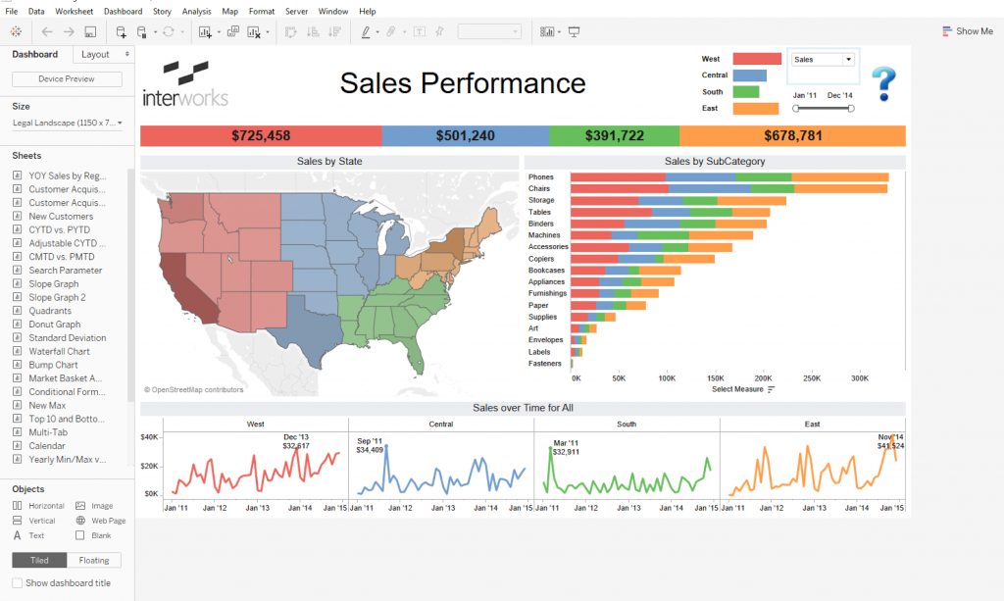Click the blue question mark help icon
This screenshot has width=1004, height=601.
(883, 83)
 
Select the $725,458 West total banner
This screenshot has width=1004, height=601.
(261, 135)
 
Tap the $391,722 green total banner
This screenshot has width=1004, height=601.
(614, 135)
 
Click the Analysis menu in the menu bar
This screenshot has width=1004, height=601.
(196, 11)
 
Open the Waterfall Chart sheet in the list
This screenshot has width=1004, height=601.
(59, 351)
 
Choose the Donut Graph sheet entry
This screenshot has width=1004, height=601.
(54, 325)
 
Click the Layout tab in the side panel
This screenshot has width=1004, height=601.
(96, 55)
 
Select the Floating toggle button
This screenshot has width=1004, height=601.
(94, 561)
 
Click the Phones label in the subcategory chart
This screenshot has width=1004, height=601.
(540, 177)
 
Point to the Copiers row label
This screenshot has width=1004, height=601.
(542, 259)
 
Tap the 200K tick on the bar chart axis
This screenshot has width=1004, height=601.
(763, 376)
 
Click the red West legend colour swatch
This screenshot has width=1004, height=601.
(756, 59)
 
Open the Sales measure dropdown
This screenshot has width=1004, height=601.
(823, 59)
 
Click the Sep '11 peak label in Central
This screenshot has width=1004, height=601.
(370, 446)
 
